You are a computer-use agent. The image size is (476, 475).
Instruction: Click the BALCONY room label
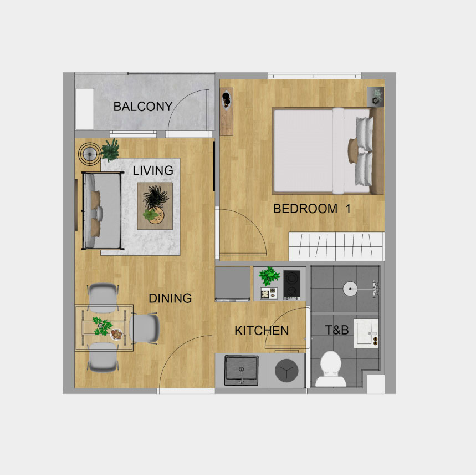(143, 107)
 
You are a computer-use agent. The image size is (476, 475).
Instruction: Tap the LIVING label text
(153, 170)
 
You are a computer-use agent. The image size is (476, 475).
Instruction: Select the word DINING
(170, 299)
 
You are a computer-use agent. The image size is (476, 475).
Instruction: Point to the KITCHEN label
(262, 331)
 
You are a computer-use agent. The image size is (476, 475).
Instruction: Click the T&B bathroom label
(337, 330)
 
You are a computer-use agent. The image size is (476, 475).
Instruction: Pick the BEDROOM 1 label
(312, 209)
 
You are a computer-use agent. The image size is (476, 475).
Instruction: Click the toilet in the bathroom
(331, 369)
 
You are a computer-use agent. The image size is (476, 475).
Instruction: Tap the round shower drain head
(350, 289)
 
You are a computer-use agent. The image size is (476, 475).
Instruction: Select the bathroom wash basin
(366, 333)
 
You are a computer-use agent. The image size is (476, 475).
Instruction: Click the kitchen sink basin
(242, 371)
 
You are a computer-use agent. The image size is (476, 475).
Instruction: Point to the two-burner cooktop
(291, 285)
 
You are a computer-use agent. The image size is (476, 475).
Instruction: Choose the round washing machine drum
(286, 371)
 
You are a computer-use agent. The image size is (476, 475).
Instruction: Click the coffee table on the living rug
(155, 206)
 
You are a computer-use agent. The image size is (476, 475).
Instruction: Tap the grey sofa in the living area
(102, 211)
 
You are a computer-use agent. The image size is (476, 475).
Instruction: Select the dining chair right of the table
(145, 329)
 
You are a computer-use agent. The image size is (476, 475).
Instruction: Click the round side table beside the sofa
(90, 154)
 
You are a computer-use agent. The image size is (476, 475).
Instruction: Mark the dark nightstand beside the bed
(376, 97)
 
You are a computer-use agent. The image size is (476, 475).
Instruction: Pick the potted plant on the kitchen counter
(269, 276)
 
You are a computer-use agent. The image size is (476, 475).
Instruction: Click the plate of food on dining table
(116, 334)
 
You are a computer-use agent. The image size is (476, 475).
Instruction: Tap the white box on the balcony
(85, 109)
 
